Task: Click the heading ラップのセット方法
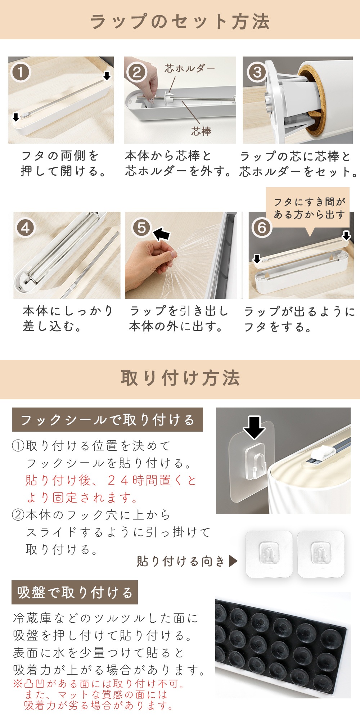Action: pyautogui.click(x=180, y=21)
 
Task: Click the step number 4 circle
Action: pyautogui.click(x=25, y=228)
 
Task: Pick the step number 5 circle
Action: pyautogui.click(x=141, y=228)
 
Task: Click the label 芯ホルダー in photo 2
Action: pyautogui.click(x=190, y=68)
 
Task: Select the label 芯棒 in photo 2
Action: pyautogui.click(x=201, y=131)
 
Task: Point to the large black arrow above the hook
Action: pyautogui.click(x=254, y=427)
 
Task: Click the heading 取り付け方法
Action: pyautogui.click(x=180, y=378)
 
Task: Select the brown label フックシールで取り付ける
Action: pyautogui.click(x=107, y=420)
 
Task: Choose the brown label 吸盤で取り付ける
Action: pyautogui.click(x=75, y=593)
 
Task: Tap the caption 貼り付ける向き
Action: pyautogui.click(x=181, y=561)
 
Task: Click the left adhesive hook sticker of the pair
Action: pyautogui.click(x=269, y=554)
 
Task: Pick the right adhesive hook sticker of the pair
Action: pyautogui.click(x=321, y=554)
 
